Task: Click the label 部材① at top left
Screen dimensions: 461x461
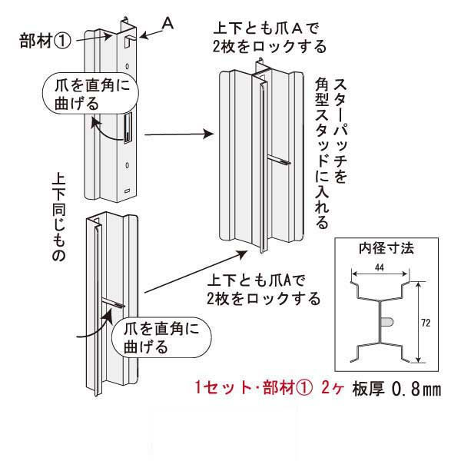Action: (x=45, y=40)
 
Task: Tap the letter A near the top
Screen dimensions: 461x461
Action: (x=168, y=25)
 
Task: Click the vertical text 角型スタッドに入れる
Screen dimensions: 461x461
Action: (x=321, y=154)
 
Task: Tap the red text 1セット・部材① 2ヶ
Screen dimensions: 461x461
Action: (x=271, y=390)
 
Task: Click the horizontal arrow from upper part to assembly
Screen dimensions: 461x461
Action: (x=177, y=134)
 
